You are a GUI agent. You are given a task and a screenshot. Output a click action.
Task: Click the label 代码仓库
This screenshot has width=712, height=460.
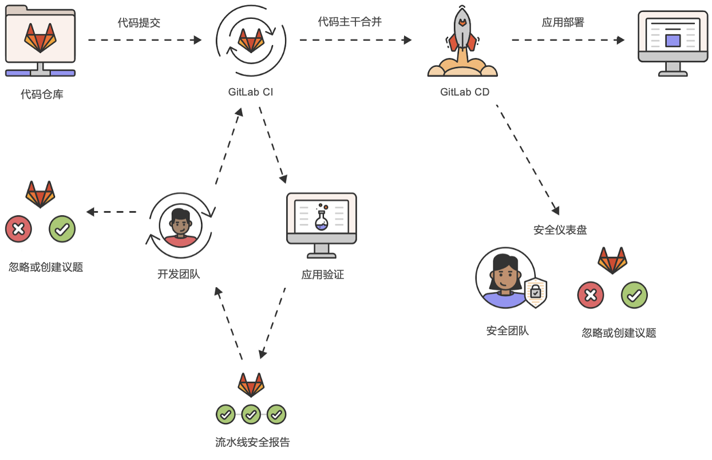pos(42,94)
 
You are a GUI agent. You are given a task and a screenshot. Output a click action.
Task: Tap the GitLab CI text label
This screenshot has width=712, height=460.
pos(250,92)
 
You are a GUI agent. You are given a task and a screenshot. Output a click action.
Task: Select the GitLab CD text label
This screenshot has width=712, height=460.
pos(464,92)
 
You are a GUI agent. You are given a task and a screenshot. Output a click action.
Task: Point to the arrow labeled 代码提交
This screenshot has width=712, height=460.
pos(144,40)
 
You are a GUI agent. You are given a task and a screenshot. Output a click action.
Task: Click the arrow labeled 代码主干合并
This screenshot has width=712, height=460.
pos(355,40)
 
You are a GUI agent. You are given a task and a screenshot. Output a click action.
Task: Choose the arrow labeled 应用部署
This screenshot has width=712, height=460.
pos(567,40)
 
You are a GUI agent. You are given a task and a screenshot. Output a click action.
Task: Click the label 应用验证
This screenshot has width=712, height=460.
pos(322,275)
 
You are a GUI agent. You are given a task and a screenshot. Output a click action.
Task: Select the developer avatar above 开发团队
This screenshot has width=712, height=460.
pos(181,225)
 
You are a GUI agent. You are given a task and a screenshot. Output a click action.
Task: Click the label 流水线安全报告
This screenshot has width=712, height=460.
pos(252,442)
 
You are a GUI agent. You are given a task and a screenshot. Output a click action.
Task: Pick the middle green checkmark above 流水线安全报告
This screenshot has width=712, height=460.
pos(251,414)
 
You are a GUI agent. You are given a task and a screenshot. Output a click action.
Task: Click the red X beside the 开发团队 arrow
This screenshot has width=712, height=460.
pos(18,229)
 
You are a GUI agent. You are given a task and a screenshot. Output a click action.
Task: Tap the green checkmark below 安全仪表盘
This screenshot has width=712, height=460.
pos(634,295)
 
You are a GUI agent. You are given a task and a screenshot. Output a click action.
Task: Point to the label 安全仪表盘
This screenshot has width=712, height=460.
pos(560,230)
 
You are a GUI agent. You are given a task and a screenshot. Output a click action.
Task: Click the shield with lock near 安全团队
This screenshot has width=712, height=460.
pos(535,292)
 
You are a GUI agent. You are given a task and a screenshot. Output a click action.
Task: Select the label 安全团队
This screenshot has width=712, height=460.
pos(507,331)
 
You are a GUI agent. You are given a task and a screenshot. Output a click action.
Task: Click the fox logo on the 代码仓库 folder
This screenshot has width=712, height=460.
pos(41,38)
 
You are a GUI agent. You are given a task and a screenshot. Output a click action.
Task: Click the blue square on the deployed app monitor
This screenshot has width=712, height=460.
pos(673,40)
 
